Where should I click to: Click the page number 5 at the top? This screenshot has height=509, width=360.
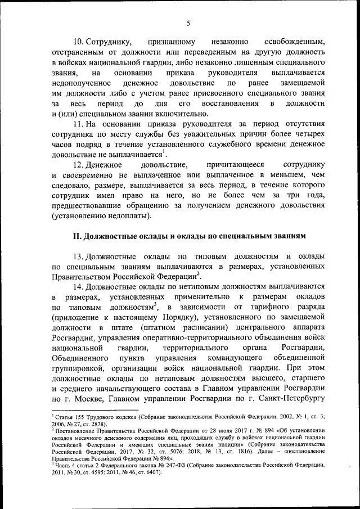click(188, 22)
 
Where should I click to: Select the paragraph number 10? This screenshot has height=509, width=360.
click(80, 42)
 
